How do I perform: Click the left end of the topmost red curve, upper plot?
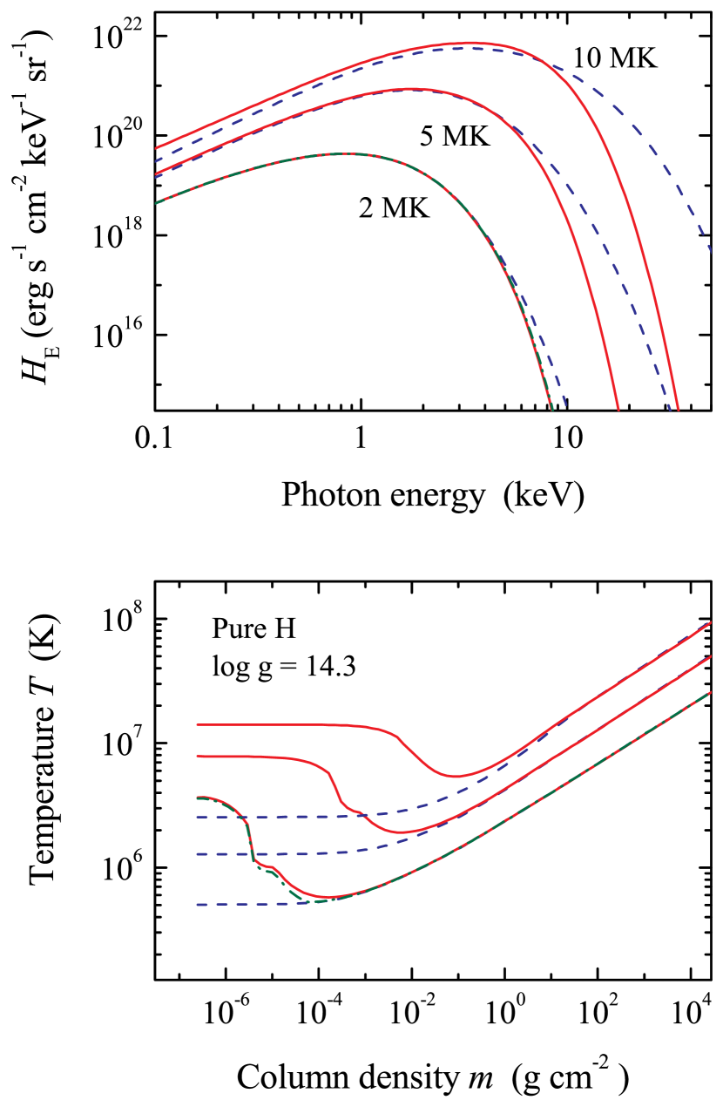pos(156,148)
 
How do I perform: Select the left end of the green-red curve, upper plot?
pos(156,203)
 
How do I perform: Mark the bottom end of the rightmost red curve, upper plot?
pos(677,409)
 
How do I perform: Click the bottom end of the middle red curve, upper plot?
pos(618,409)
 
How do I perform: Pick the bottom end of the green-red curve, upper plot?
pos(551,409)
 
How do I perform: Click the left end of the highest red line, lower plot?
pos(197,724)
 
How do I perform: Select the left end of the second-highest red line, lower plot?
pos(197,757)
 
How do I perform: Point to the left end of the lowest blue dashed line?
pos(197,904)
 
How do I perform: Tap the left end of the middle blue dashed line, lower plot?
pos(197,853)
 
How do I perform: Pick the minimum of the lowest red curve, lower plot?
pos(331,897)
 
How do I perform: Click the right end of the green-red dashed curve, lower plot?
pos(711,693)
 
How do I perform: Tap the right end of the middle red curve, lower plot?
pos(711,657)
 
